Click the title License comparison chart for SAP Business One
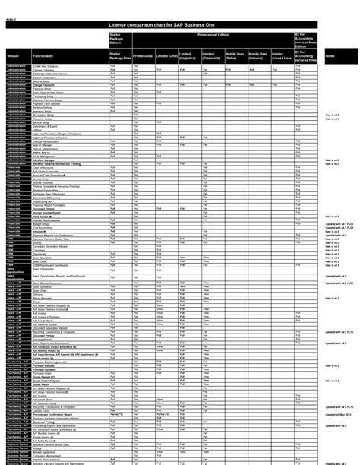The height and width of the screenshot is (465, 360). click(x=179, y=25)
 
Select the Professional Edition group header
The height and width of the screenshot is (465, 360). click(x=213, y=35)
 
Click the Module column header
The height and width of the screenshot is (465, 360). click(x=14, y=56)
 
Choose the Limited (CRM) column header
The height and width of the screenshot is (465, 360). click(x=166, y=56)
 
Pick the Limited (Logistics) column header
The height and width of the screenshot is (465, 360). click(x=190, y=56)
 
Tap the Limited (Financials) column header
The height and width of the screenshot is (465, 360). click(x=213, y=56)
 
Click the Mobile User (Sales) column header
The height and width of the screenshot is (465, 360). click(x=235, y=56)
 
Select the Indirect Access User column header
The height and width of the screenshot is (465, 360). click(x=281, y=56)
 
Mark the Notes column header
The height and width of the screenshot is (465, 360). click(x=330, y=56)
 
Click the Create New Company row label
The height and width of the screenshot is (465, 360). click(x=46, y=66)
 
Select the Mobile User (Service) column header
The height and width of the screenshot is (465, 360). click(x=258, y=56)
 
